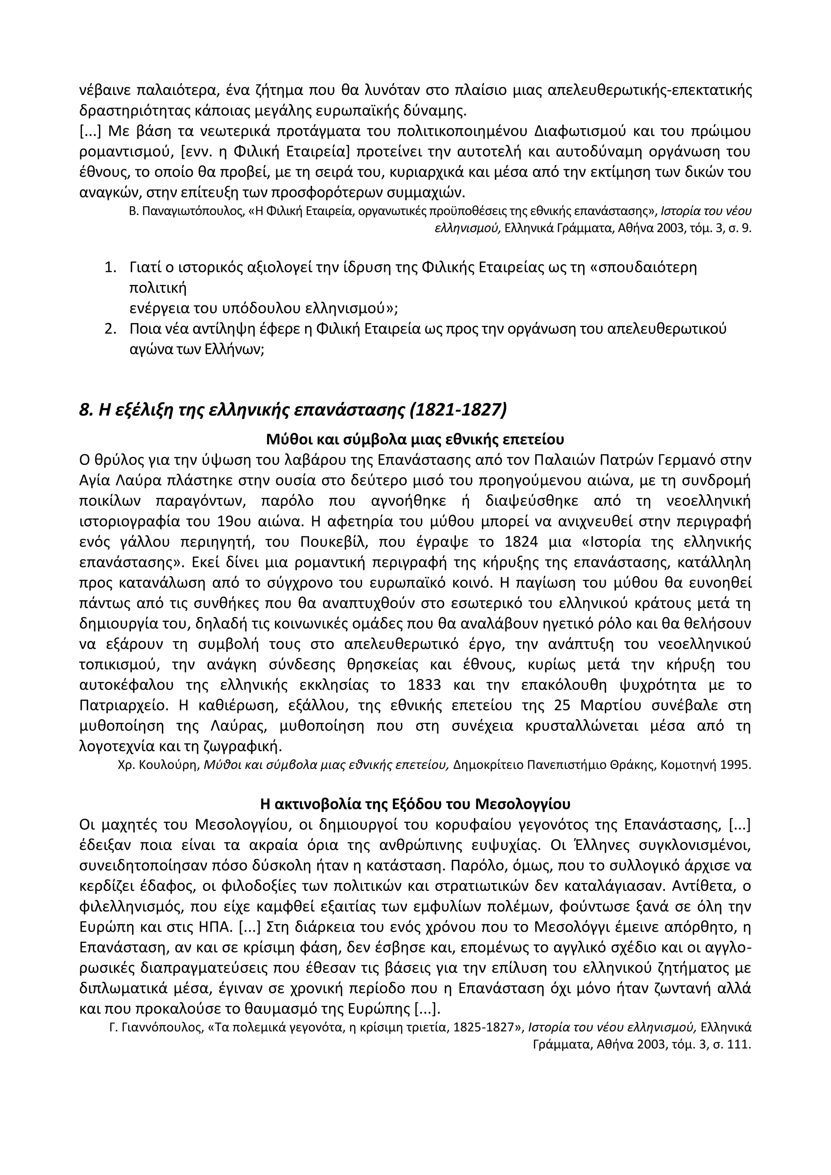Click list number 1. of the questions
tap(110, 268)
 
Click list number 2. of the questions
tap(110, 329)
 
